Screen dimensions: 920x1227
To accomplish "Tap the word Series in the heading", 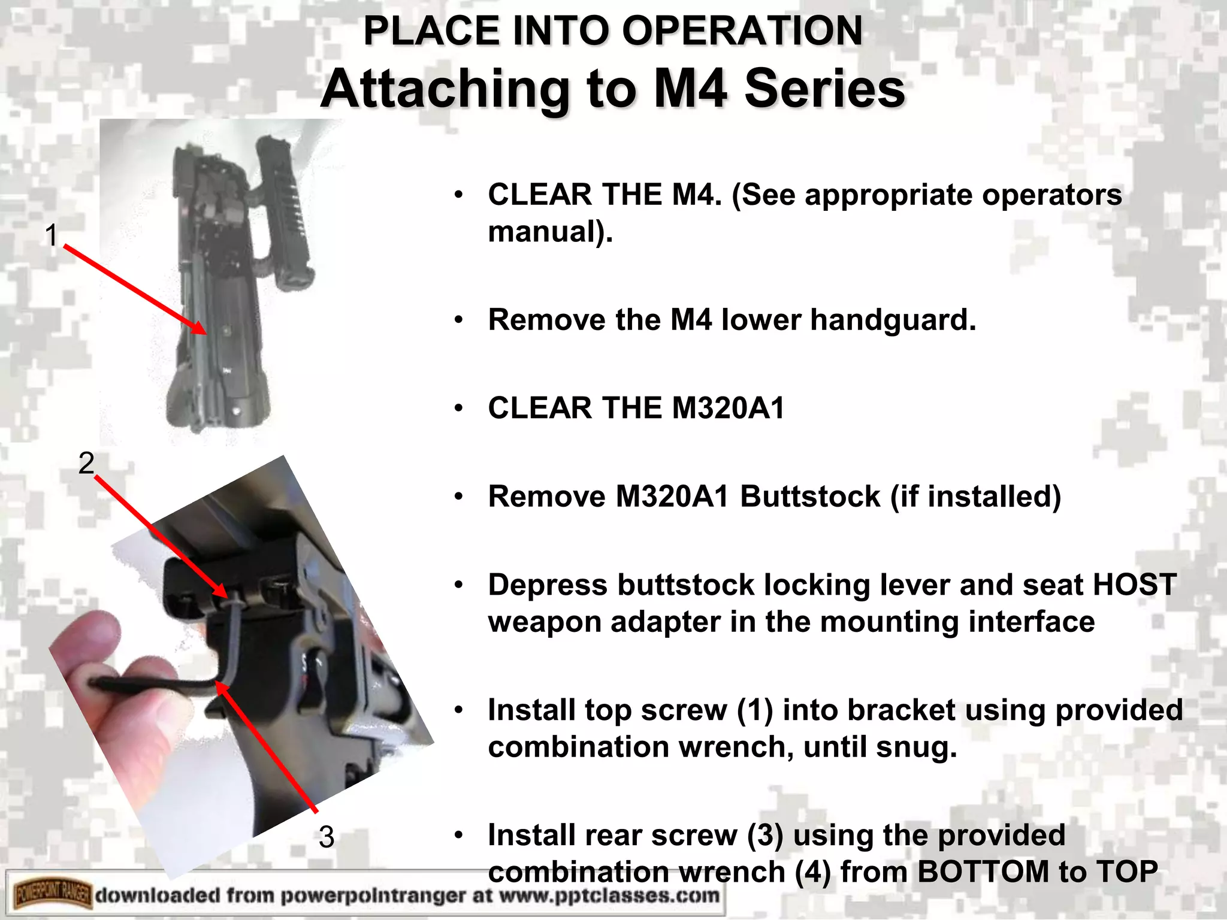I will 824,90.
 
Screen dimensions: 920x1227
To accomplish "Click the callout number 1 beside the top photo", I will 52,235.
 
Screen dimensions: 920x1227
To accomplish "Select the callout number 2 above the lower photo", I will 86,463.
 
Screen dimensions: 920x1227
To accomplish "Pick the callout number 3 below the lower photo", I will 326,837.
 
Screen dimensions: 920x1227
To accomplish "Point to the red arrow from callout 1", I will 135,289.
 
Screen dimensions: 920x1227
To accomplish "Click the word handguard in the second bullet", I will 893,320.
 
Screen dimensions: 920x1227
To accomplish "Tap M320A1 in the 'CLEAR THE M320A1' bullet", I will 728,408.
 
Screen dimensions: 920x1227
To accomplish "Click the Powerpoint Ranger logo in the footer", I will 53,895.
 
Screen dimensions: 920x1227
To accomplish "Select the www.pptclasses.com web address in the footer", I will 609,895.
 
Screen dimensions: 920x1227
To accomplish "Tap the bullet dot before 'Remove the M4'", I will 458,320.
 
